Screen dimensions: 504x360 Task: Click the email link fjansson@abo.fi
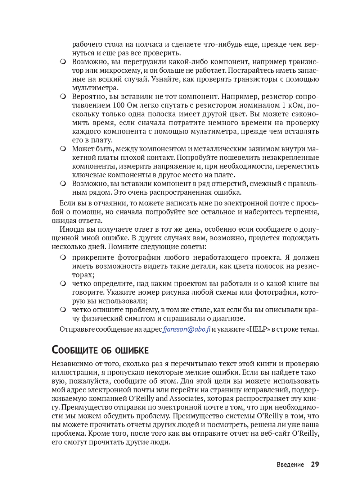pos(186,329)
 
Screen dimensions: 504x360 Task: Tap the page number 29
pos(315,464)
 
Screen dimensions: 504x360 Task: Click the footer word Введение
pos(290,465)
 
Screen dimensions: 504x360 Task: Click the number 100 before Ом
pos(119,105)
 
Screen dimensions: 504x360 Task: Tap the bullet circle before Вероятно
pos(63,96)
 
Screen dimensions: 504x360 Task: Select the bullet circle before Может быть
pos(63,149)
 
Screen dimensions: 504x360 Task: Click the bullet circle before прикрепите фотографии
pos(63,258)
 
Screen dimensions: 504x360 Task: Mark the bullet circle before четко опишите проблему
pos(63,310)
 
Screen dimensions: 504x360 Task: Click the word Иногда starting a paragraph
pos(72,229)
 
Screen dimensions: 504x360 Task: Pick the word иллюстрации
pos(73,373)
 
